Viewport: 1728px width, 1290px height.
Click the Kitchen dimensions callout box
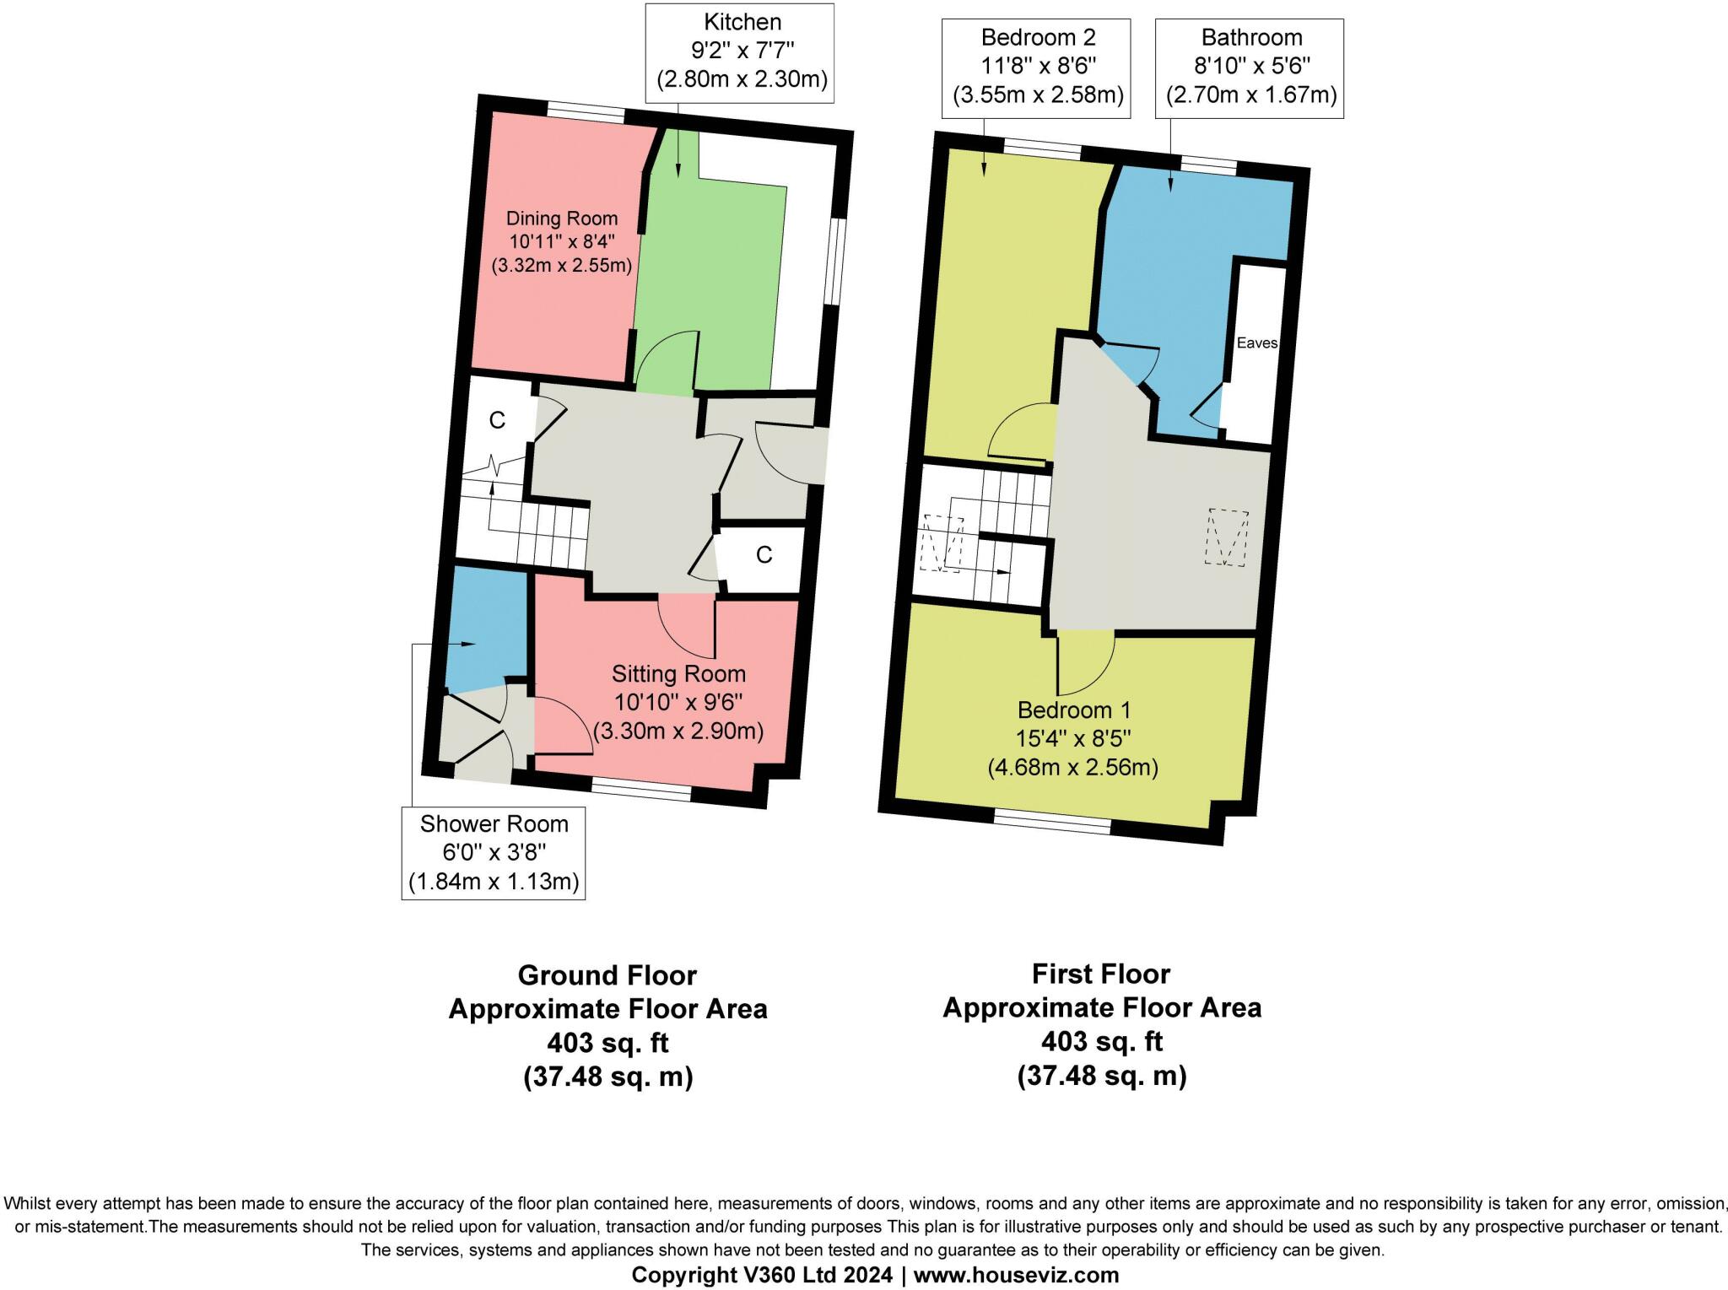[x=741, y=52]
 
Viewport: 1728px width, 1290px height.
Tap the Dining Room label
[x=561, y=241]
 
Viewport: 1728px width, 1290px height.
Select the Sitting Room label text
[x=678, y=702]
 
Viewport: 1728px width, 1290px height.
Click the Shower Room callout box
[x=494, y=853]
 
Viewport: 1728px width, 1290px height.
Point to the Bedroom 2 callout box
[x=1038, y=67]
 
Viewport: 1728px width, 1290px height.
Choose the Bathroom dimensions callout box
[x=1250, y=67]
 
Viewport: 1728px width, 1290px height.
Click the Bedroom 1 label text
[x=1072, y=738]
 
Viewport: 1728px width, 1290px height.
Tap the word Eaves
[x=1256, y=343]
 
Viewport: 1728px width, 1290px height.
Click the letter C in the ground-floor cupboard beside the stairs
[x=497, y=420]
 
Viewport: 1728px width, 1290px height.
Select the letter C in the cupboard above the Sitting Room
[x=764, y=554]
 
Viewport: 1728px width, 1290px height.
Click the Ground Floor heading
[x=607, y=975]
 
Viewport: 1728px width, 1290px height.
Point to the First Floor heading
[x=1100, y=974]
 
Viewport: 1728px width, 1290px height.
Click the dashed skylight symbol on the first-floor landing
[x=1227, y=537]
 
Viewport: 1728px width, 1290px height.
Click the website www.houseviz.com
[x=1016, y=1275]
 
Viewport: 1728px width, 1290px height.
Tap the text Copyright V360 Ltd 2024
[x=761, y=1275]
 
